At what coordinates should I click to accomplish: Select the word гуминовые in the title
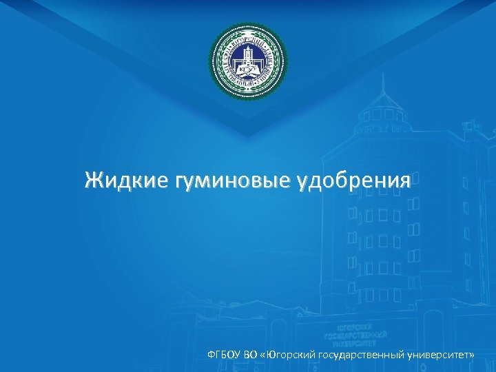pyautogui.click(x=232, y=181)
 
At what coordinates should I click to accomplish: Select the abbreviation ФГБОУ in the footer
pyautogui.click(x=224, y=353)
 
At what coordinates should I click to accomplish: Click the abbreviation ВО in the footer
pyautogui.click(x=251, y=353)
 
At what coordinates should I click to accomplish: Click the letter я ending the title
pyautogui.click(x=406, y=182)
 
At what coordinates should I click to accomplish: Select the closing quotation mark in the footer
pyautogui.click(x=473, y=354)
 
